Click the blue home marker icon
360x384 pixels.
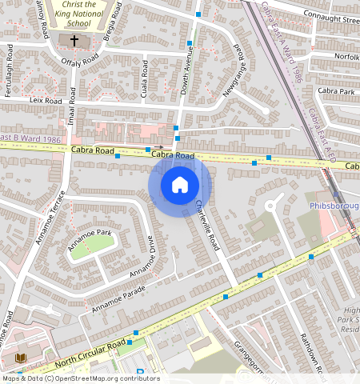(180, 185)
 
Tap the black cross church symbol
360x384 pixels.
(74, 40)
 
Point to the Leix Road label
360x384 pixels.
(45, 102)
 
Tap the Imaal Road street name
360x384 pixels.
(71, 106)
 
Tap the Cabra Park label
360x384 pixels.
(335, 92)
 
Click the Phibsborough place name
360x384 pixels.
(334, 206)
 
